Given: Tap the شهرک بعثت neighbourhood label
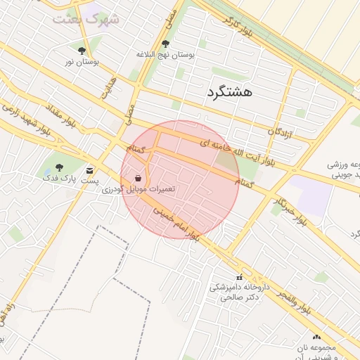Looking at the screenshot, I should [85, 18].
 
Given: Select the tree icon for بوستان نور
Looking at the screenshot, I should [82, 51].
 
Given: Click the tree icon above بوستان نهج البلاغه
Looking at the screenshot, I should [165, 44].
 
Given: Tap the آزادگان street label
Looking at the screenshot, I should [280, 131].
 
